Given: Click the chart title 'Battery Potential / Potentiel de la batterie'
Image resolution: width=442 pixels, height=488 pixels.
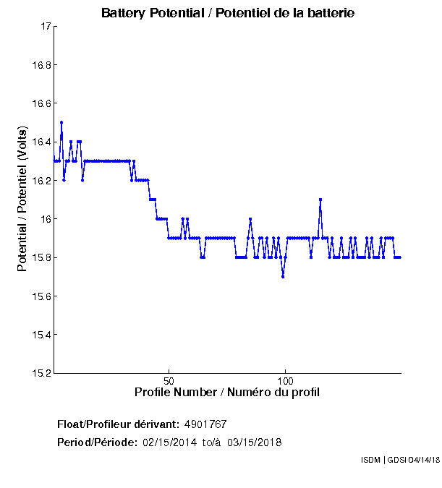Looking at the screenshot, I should click(228, 13).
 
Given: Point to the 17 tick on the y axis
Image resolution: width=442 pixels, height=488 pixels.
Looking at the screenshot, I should click(45, 27).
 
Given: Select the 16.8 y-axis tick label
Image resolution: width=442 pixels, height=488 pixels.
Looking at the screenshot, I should click(41, 65).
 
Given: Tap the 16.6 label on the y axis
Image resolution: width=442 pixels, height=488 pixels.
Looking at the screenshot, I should click(41, 103).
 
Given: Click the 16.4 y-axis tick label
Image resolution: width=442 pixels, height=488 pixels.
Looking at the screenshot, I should click(41, 142).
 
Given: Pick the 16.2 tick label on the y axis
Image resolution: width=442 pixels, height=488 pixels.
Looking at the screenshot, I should click(41, 181).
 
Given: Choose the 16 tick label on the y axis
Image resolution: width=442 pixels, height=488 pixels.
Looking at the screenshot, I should click(44, 219).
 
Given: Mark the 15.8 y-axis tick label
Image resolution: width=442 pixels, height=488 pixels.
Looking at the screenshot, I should click(41, 257).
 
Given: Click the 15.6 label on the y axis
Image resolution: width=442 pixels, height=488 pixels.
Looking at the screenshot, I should click(41, 296).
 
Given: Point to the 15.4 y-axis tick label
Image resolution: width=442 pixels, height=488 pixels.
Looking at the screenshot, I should click(41, 335).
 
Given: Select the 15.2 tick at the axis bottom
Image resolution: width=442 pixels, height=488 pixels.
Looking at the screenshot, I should click(41, 373).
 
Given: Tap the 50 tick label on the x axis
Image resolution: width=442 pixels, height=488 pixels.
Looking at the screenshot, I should click(169, 380).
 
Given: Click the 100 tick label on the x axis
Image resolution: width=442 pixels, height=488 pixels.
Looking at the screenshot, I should click(285, 380).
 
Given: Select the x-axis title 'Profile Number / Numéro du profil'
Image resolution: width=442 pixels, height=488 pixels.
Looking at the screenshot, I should click(227, 392).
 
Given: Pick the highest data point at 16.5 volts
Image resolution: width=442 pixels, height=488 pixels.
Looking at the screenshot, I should click(61, 122).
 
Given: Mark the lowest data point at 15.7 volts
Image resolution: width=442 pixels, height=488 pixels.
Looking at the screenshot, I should click(283, 276).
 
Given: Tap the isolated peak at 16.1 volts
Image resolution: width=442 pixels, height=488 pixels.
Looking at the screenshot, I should click(320, 200).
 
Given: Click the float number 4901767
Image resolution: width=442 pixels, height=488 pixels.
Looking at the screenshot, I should click(211, 424).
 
